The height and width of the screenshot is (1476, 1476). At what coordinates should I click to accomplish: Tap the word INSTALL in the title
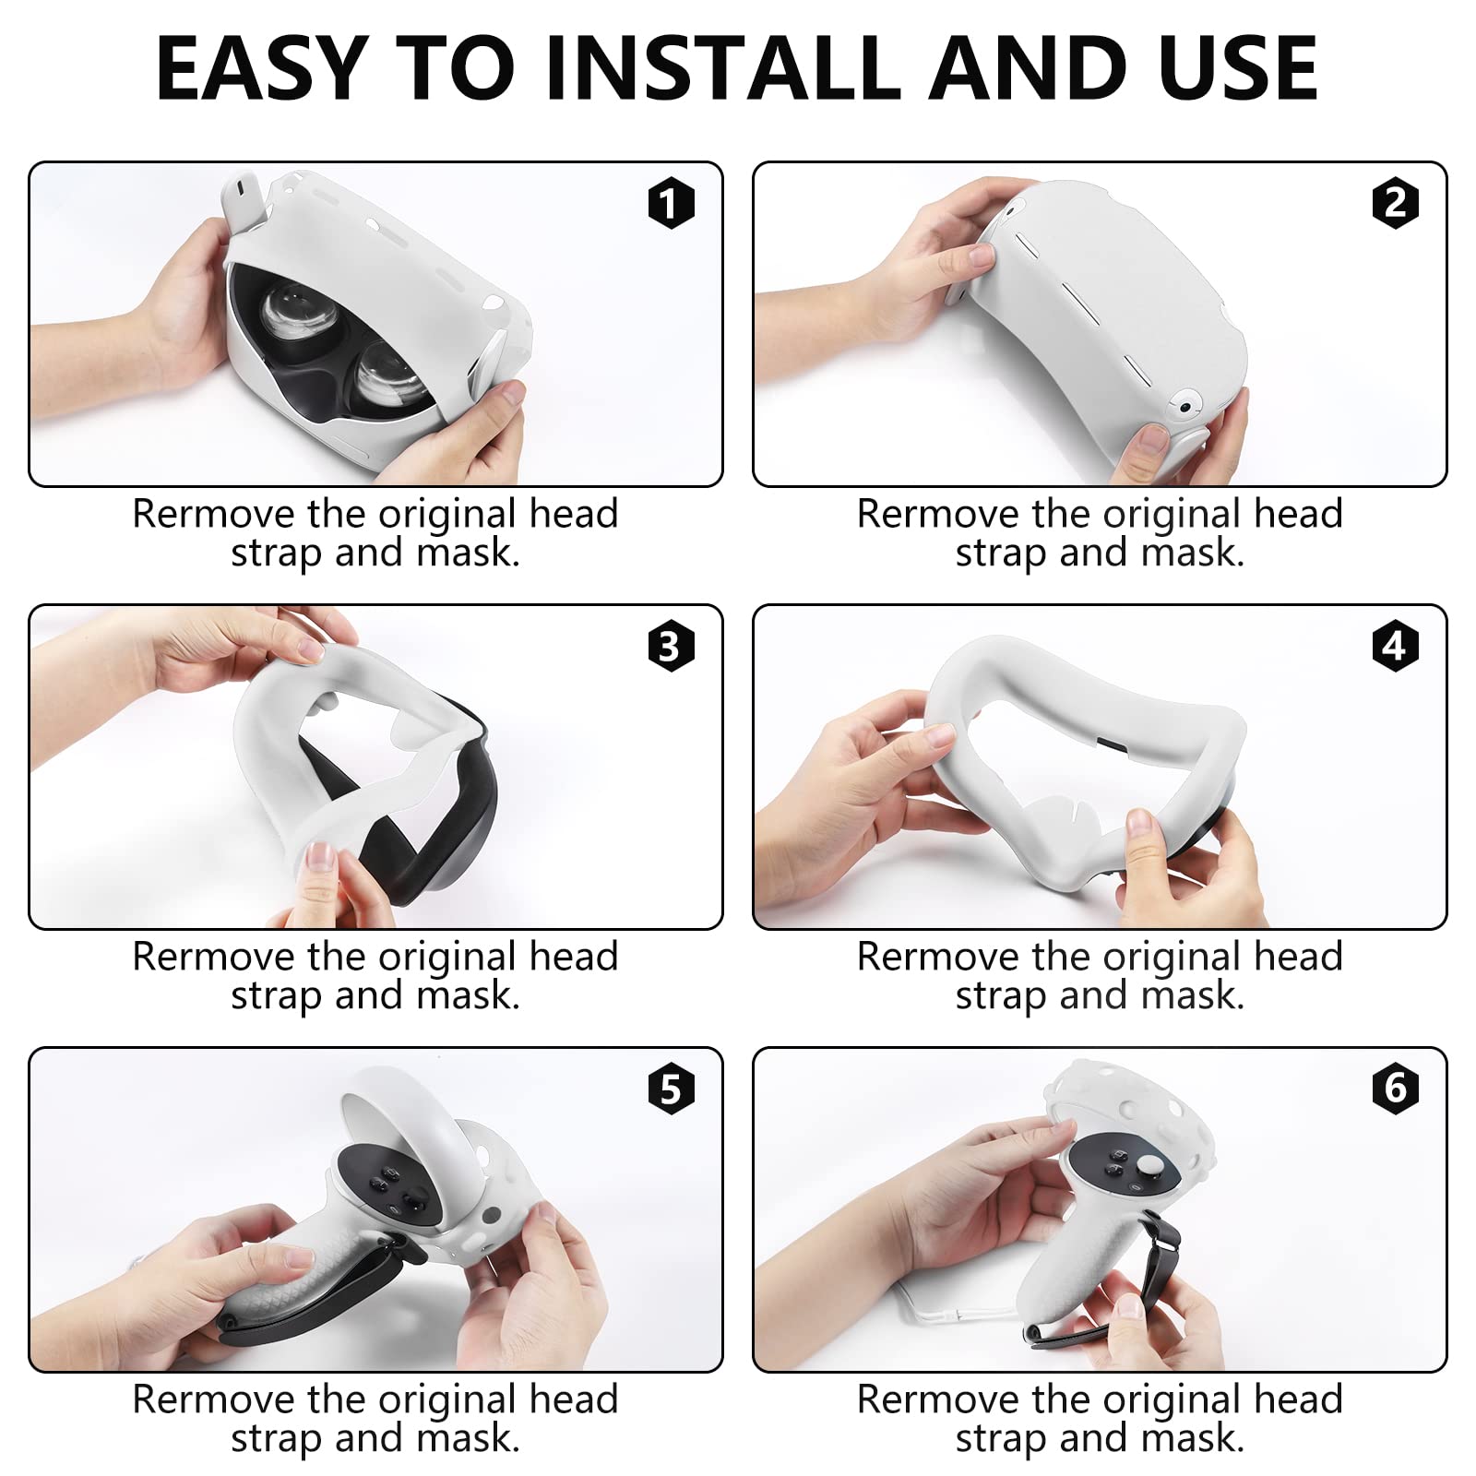[723, 68]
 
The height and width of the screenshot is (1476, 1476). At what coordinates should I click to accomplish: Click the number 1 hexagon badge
[671, 203]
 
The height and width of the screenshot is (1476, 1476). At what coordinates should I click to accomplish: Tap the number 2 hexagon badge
[1395, 203]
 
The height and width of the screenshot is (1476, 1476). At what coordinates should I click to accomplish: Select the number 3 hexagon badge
[671, 646]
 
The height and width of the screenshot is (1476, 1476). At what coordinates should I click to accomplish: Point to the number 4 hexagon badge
[1395, 646]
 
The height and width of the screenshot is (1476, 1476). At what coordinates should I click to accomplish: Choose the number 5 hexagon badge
[671, 1089]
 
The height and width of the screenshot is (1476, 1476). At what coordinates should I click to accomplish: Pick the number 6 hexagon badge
[1395, 1089]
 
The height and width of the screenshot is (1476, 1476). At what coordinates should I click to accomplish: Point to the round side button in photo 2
[1184, 406]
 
